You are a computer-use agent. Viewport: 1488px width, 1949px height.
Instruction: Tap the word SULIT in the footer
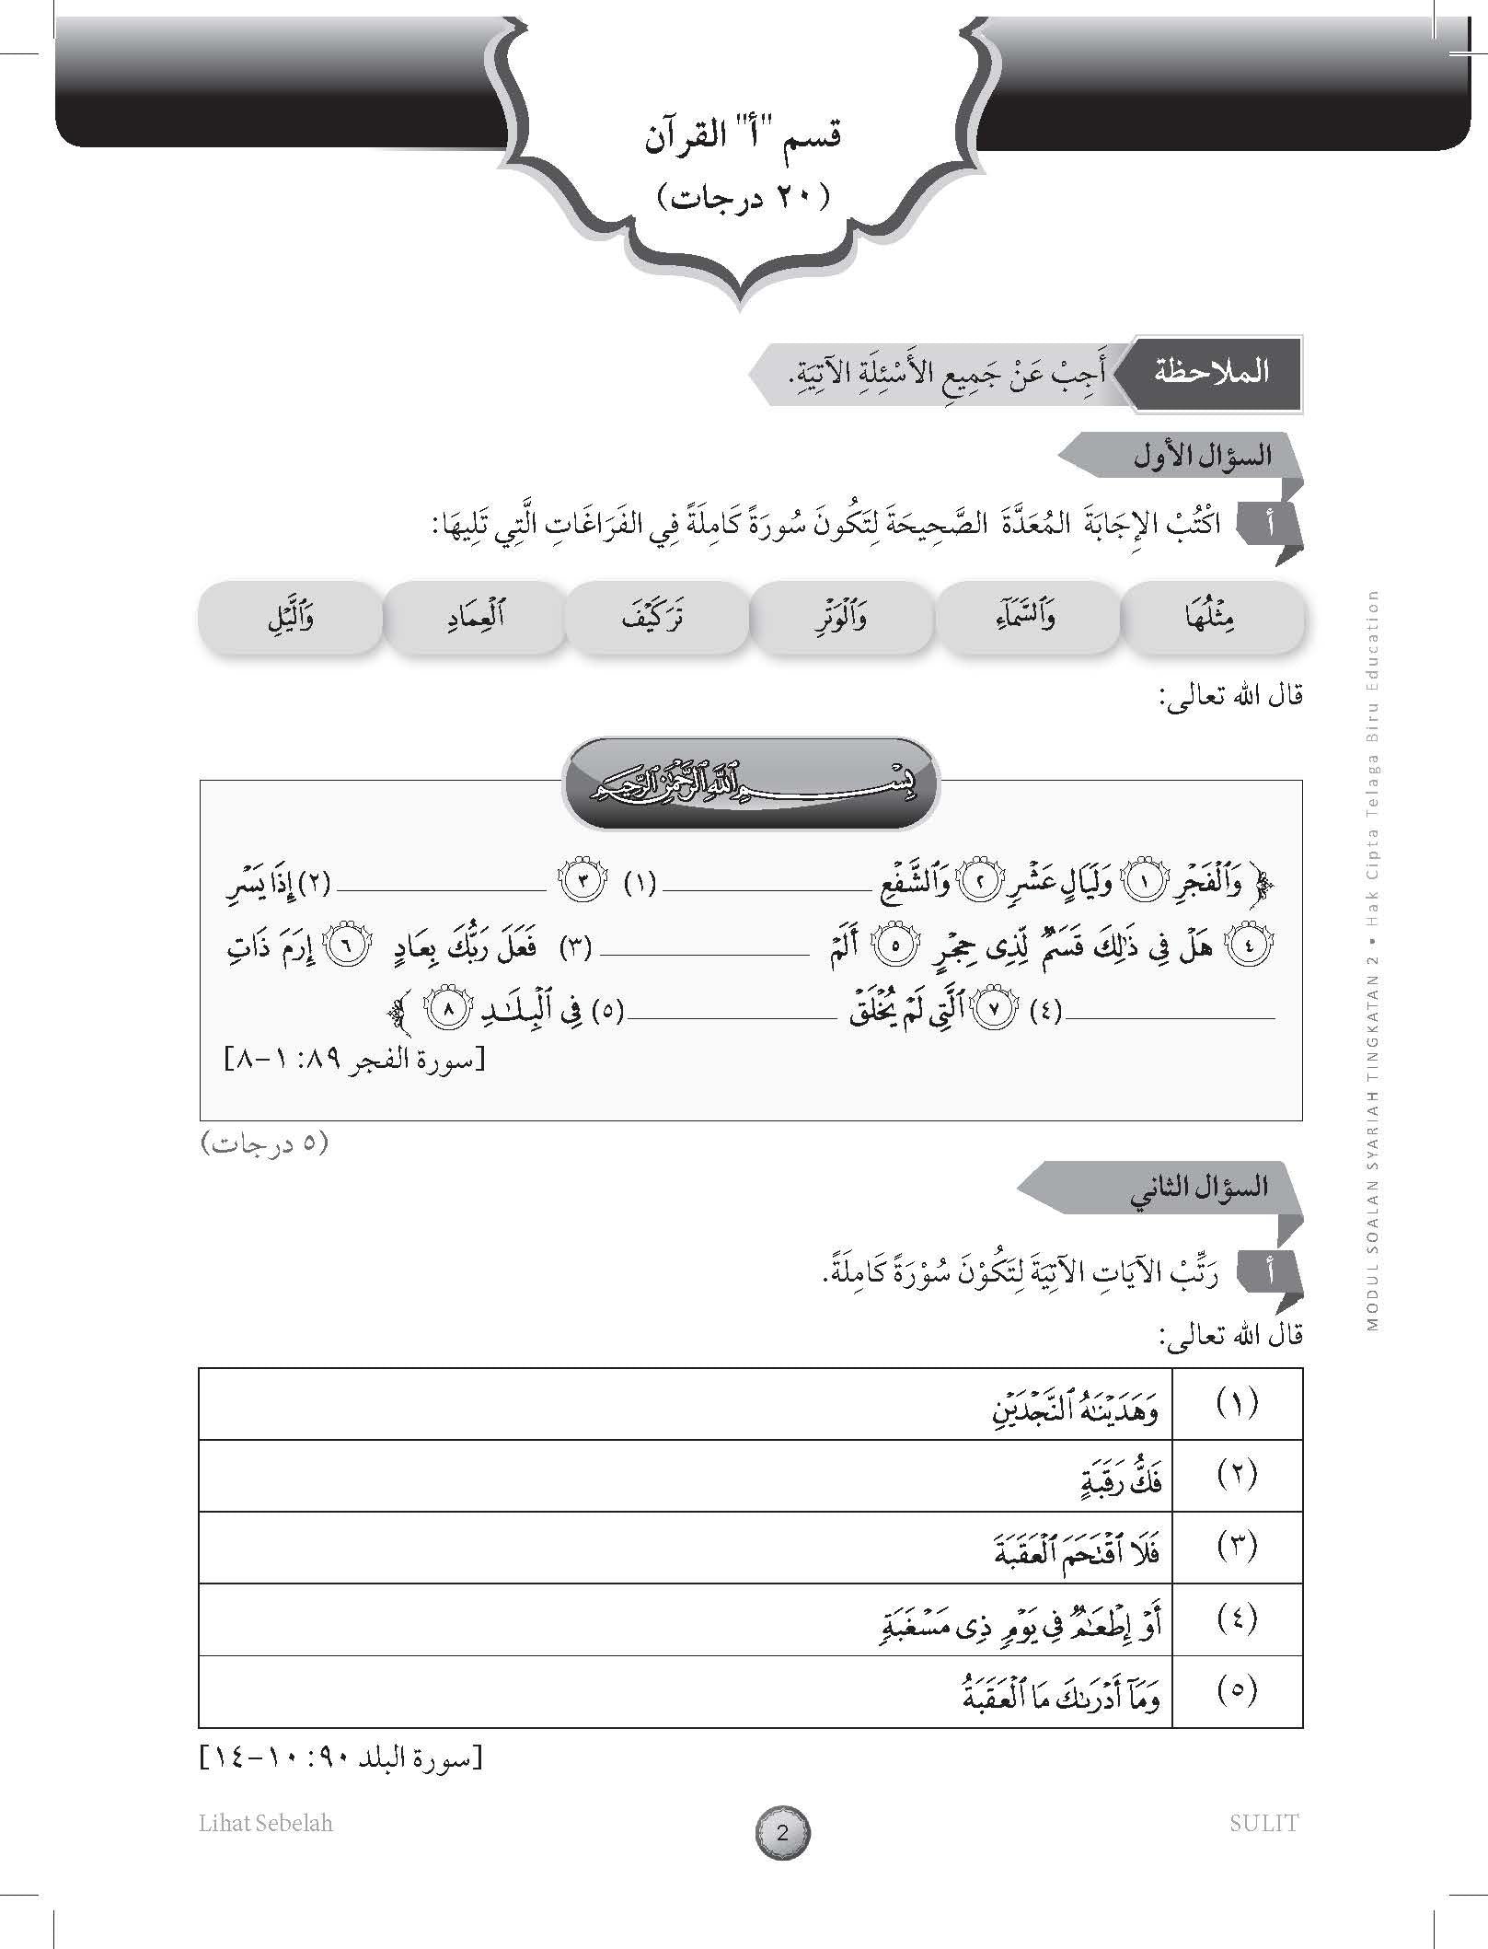(x=1263, y=1823)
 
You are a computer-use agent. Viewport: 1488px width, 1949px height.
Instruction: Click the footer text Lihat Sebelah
(x=266, y=1823)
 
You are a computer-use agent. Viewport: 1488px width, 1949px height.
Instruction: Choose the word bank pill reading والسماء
(x=1027, y=617)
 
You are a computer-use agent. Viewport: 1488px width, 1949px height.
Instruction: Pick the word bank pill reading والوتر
(x=842, y=617)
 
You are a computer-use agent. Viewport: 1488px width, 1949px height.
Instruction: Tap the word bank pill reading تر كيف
(x=656, y=617)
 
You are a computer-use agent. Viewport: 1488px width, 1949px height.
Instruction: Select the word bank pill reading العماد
(x=473, y=617)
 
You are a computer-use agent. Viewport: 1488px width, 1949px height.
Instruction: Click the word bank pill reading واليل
(x=290, y=617)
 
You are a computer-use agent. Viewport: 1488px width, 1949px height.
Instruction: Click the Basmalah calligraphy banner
(x=751, y=783)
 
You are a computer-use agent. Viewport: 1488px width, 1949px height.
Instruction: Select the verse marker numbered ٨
(x=448, y=1010)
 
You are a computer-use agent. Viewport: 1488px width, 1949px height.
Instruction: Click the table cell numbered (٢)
(x=1236, y=1475)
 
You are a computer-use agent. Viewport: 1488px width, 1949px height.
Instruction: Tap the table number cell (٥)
(x=1236, y=1690)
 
